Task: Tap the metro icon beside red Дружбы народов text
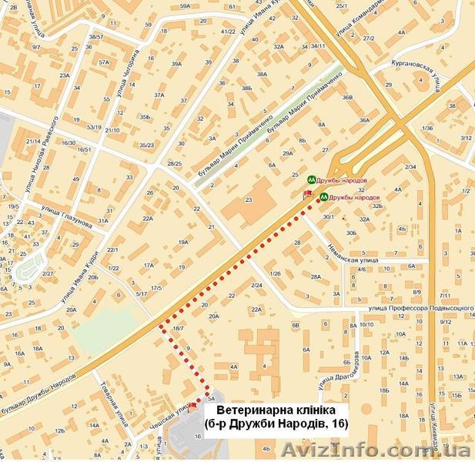(325, 196)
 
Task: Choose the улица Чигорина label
(126, 77)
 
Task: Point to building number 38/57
(95, 37)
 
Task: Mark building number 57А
(104, 62)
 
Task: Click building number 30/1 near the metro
(329, 218)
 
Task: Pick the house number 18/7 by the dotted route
(178, 329)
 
